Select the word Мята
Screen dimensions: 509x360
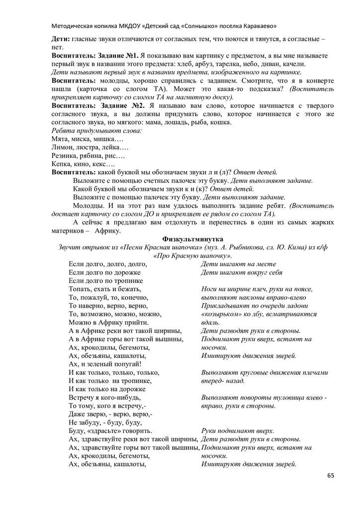click(60, 139)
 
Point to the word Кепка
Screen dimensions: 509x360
click(62, 164)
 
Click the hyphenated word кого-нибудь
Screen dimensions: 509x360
click(120, 398)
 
